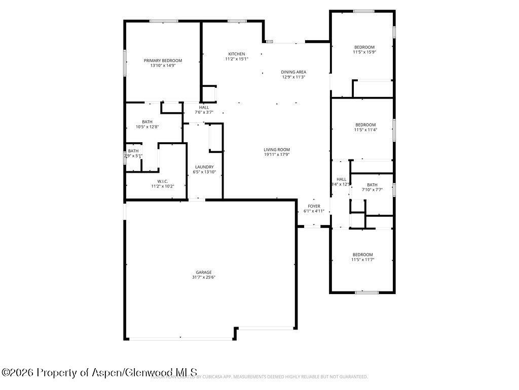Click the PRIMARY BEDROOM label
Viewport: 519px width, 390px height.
[x=163, y=60]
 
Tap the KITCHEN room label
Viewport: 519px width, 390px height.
[x=237, y=54]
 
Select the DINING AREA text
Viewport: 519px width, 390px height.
[x=293, y=72]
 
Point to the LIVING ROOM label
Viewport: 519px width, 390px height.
[x=277, y=150]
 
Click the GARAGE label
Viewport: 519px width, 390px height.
[x=204, y=272]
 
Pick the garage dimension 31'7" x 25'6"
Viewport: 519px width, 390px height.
[x=204, y=278]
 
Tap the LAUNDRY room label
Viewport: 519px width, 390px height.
[x=204, y=167]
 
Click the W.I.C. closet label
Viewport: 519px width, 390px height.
[x=163, y=181]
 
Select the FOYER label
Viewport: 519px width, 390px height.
[x=314, y=206]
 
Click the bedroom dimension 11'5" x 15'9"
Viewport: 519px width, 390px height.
[x=364, y=52]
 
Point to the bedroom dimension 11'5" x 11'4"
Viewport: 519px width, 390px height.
[x=365, y=130]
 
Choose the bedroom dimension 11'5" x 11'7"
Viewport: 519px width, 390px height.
[x=362, y=259]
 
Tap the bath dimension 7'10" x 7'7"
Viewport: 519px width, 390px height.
[x=372, y=190]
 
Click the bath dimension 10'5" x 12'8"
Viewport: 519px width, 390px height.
[x=147, y=127]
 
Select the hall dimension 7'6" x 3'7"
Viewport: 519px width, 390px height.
[x=204, y=112]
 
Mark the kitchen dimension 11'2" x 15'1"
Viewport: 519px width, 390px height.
[x=237, y=59]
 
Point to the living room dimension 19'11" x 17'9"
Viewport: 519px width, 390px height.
[x=277, y=155]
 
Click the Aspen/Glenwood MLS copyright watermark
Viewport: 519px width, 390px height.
[x=99, y=373]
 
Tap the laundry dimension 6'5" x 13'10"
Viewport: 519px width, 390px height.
[x=204, y=172]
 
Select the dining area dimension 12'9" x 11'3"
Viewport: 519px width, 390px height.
[x=293, y=77]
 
